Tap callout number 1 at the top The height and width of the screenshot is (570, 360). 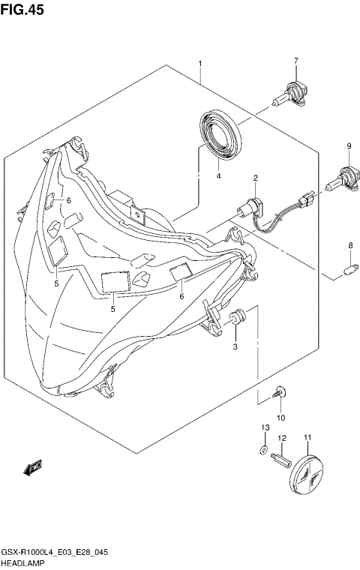coord(200,63)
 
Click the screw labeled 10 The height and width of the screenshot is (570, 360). coord(279,391)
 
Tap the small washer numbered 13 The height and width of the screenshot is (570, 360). coord(262,451)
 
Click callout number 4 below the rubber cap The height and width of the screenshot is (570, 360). coord(218,176)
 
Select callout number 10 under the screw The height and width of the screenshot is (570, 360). coord(280,417)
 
